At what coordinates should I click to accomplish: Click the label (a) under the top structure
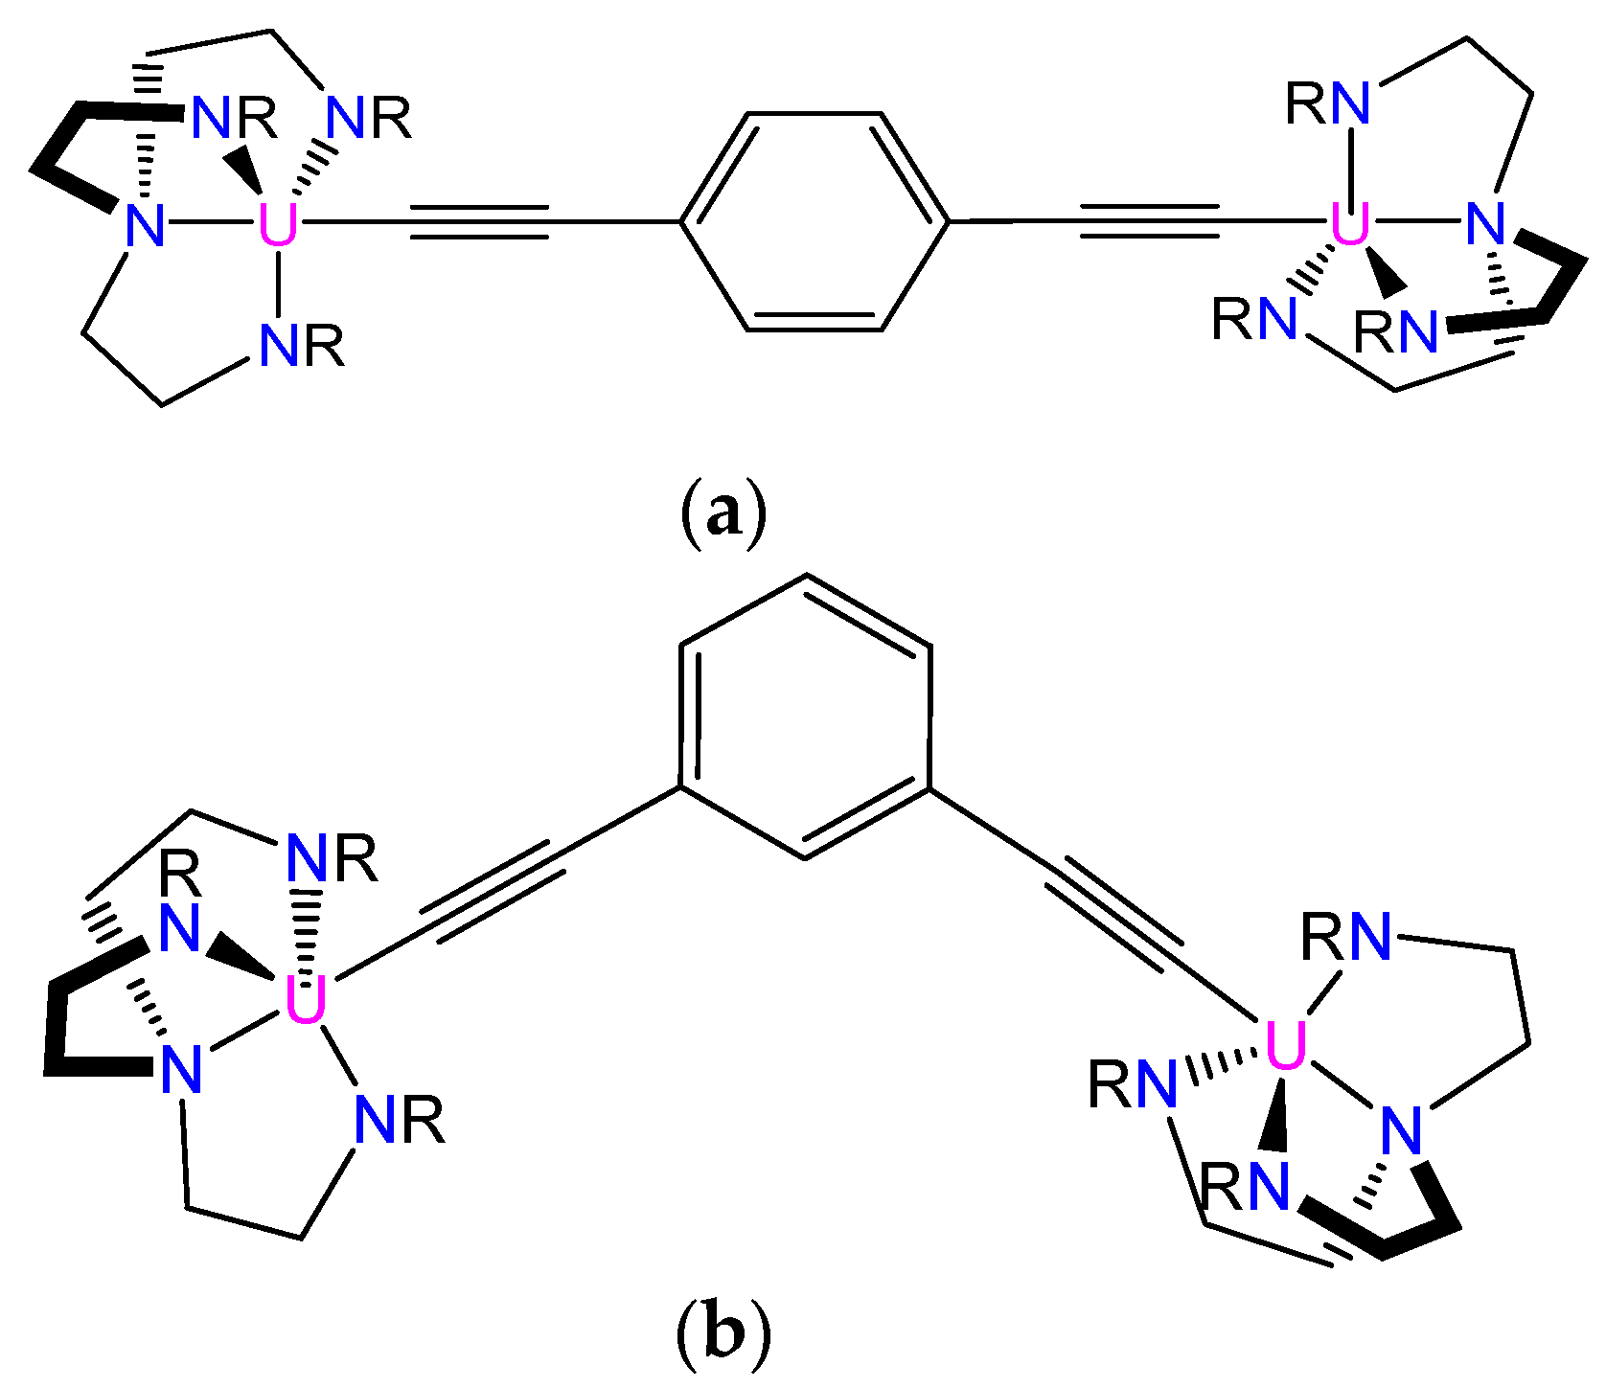coord(723,513)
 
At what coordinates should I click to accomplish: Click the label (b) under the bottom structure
coord(723,1332)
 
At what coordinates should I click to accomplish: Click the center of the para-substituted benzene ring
coord(814,222)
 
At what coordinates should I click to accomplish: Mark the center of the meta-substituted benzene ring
coord(805,717)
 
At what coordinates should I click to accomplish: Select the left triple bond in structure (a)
coord(479,222)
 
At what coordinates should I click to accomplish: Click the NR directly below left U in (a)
coord(301,346)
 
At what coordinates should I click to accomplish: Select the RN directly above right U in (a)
coord(1328,103)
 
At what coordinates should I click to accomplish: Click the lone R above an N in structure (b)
coord(180,874)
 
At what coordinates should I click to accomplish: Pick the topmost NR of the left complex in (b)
coord(332,858)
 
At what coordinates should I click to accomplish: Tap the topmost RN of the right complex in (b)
coord(1346,936)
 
